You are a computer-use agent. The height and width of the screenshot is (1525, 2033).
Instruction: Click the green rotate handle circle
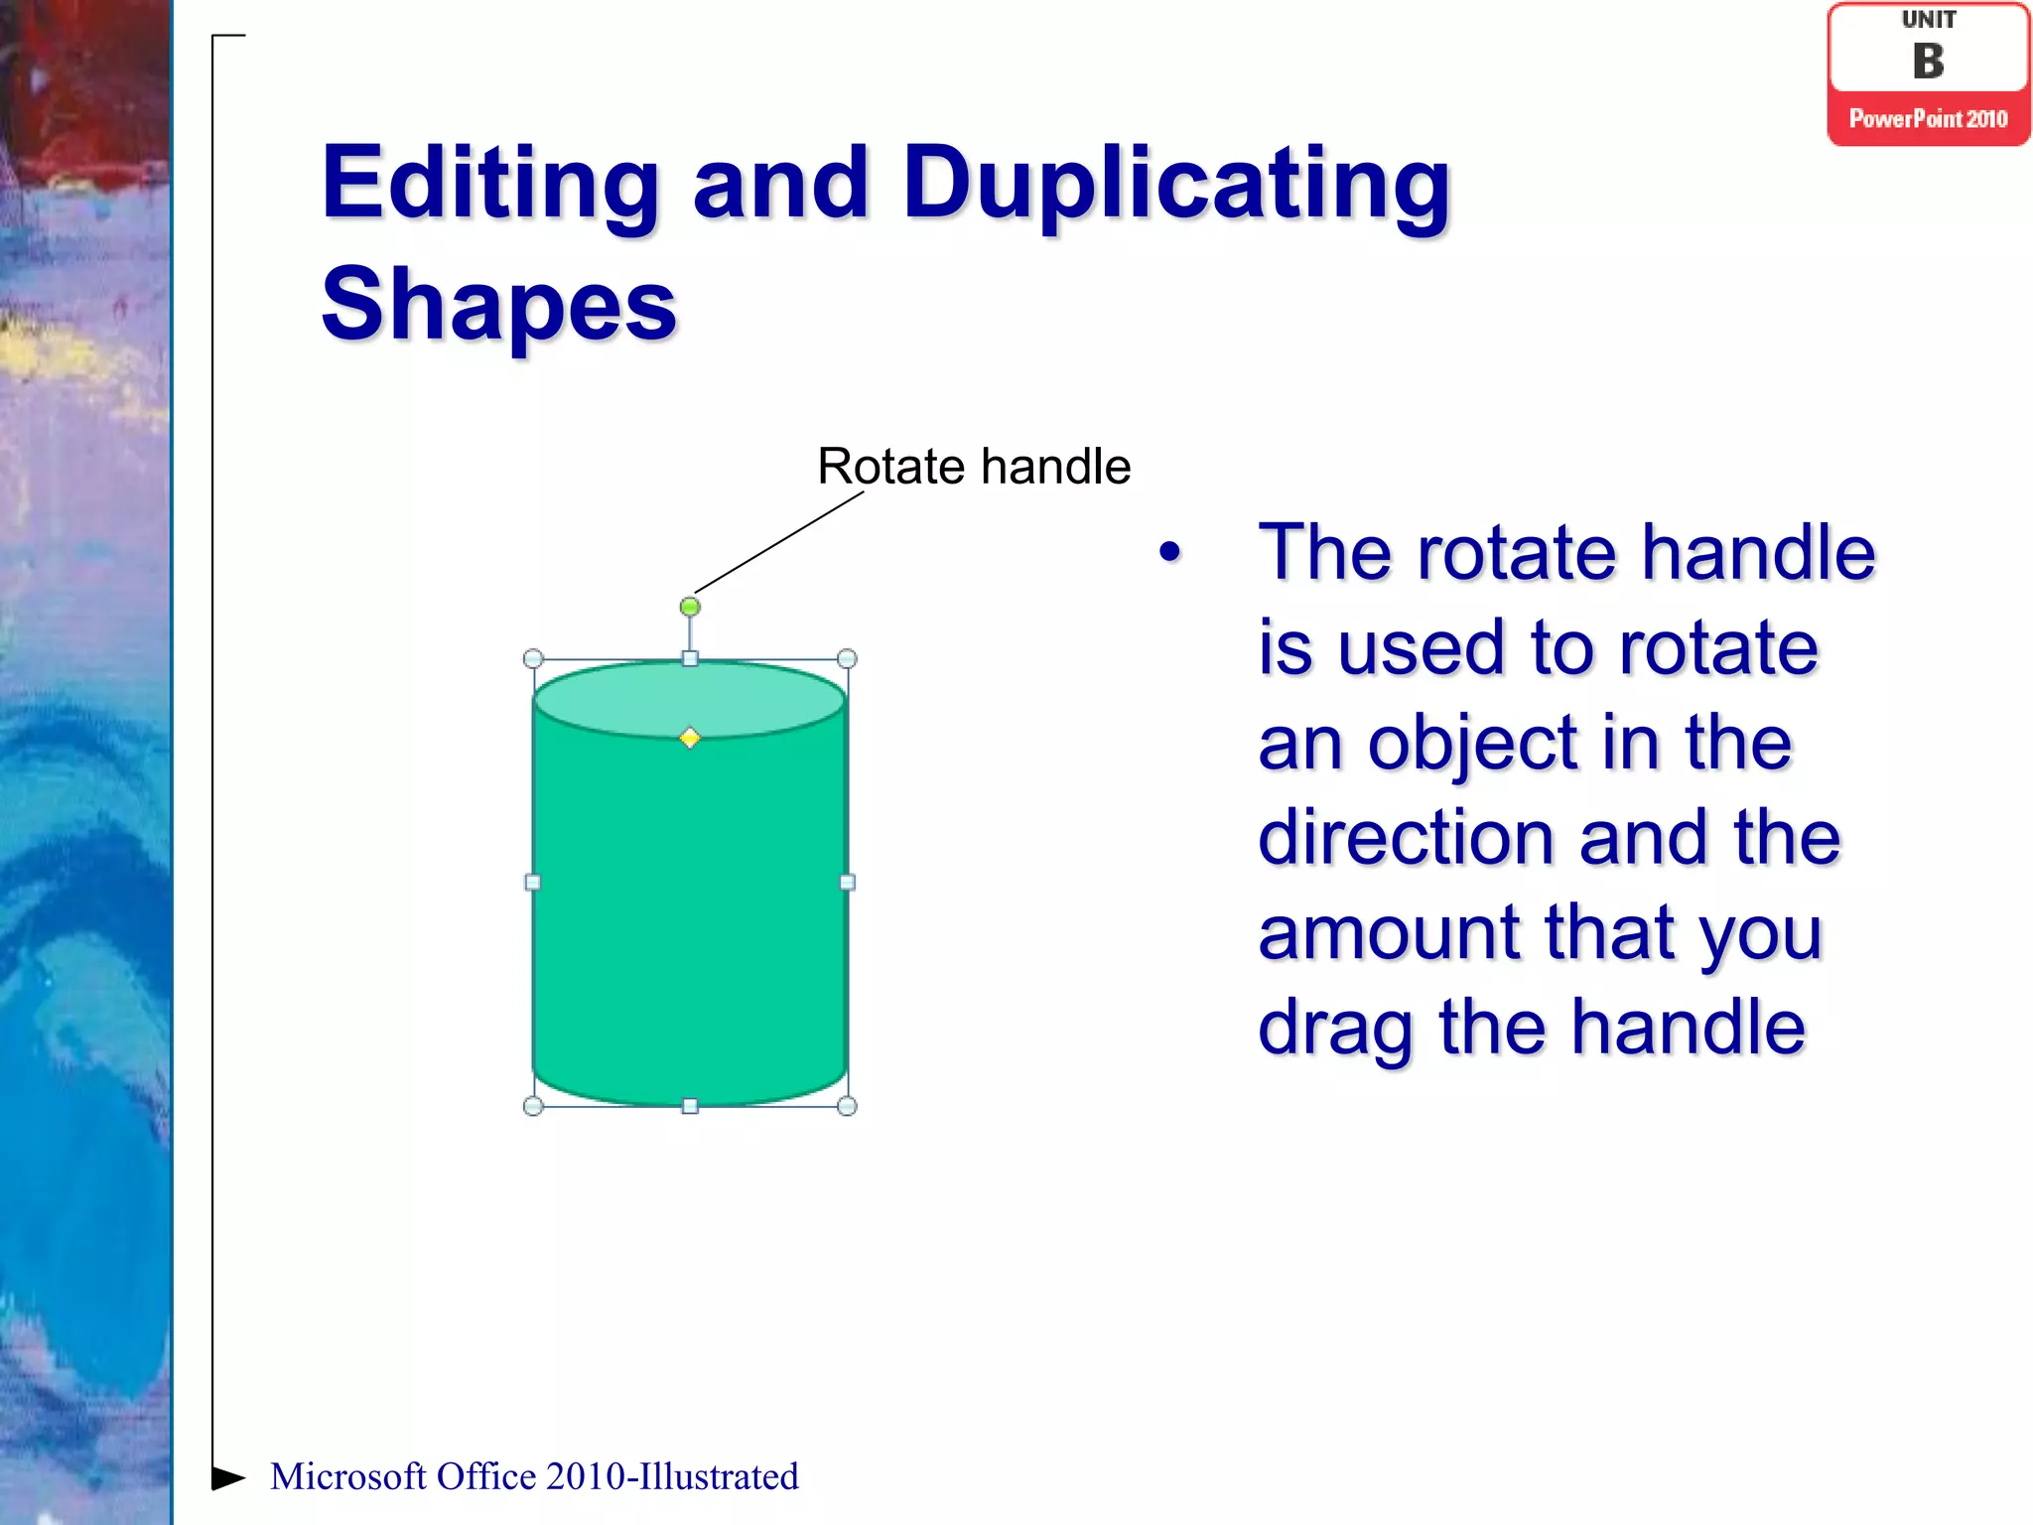click(690, 607)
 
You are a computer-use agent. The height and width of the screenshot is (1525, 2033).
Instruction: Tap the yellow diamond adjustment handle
click(690, 738)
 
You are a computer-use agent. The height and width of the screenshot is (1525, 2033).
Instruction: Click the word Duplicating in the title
click(1176, 184)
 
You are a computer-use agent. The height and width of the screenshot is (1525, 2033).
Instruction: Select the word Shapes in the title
click(499, 305)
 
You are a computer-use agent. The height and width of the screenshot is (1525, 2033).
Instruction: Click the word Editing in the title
click(491, 184)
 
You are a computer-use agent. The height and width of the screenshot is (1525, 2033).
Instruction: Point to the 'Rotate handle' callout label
click(974, 466)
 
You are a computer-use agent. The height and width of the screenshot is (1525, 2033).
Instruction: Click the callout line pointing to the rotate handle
click(779, 542)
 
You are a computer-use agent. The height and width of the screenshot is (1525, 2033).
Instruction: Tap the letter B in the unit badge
click(1928, 62)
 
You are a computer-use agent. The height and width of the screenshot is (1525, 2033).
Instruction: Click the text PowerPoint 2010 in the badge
click(1928, 119)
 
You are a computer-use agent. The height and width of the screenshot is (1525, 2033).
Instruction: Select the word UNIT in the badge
click(1929, 20)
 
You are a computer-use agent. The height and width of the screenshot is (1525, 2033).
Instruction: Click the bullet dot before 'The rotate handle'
click(1170, 553)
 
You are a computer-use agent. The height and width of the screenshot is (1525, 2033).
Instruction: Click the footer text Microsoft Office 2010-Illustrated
click(534, 1476)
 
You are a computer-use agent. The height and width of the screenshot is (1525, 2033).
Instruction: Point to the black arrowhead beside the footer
click(227, 1477)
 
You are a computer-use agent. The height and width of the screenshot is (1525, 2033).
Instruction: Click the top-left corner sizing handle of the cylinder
click(533, 659)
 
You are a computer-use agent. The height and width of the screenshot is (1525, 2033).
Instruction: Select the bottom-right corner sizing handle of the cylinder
click(847, 1106)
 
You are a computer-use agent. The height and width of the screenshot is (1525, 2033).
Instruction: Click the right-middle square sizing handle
click(847, 882)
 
